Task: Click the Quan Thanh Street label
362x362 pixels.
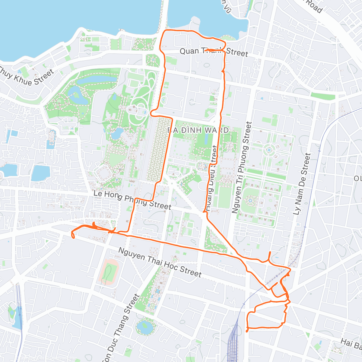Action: tap(214, 52)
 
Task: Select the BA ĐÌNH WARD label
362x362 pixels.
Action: tap(198, 130)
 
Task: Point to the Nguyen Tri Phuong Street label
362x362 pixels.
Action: tap(241, 167)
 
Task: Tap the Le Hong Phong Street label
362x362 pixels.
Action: tap(132, 200)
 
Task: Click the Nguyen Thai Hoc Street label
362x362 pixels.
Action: tap(160, 262)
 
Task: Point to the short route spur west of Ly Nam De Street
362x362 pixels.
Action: tap(269, 255)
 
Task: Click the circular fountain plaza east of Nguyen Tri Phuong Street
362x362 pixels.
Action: tap(268, 150)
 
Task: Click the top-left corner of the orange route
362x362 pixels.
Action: tap(165, 31)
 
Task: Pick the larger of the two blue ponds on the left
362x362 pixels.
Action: tap(40, 173)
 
